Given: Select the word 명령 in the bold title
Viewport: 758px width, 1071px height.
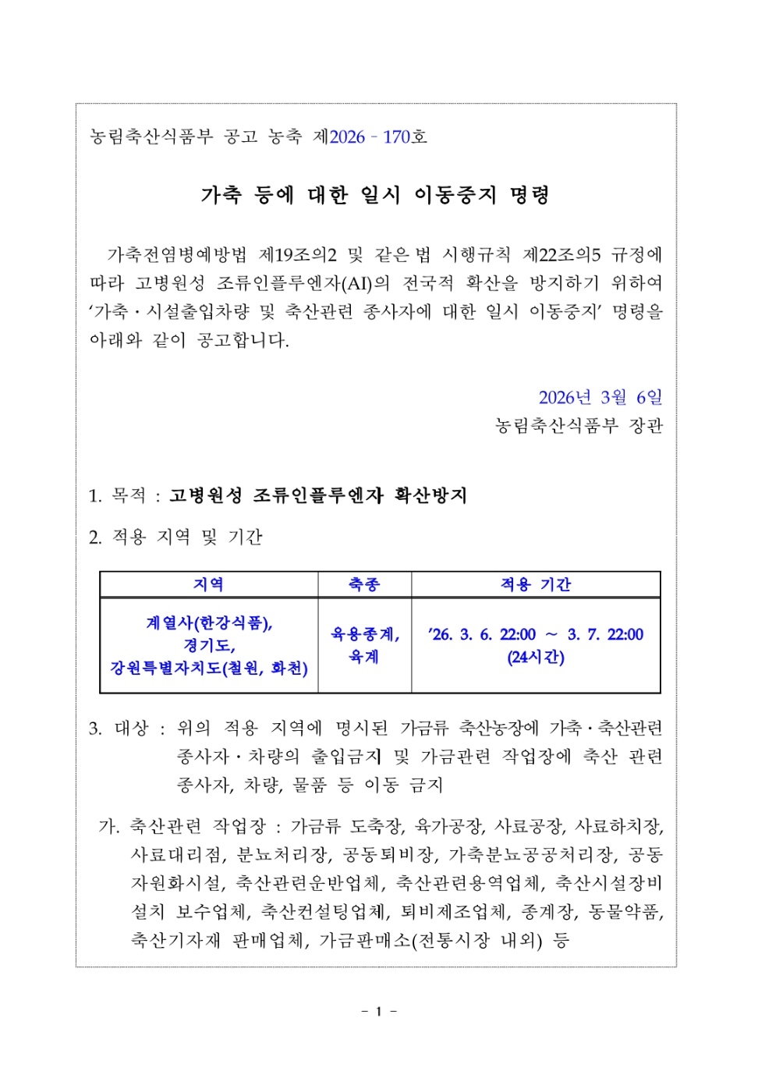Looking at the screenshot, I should (x=530, y=195).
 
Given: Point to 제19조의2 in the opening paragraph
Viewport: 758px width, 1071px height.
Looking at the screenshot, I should (x=298, y=255).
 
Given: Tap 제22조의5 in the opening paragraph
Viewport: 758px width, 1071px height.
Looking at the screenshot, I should (x=561, y=255).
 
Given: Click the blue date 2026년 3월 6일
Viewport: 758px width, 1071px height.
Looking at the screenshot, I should (x=600, y=398).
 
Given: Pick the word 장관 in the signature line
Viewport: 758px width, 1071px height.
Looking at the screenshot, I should (x=646, y=426).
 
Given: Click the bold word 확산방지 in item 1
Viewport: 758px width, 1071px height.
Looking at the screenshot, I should (x=430, y=496).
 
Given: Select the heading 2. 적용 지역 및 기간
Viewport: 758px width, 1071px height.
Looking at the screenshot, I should (x=175, y=537).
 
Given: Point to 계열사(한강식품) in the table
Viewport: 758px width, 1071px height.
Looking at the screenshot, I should (x=209, y=623).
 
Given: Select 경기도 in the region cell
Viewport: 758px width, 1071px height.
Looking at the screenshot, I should (x=207, y=646).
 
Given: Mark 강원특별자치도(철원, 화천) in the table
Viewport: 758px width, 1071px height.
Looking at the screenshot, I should (x=209, y=668).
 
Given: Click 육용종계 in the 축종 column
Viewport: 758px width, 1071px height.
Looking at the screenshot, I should (x=363, y=634).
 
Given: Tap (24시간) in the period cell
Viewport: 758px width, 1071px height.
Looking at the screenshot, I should (x=536, y=658).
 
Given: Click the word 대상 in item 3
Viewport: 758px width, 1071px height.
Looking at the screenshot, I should (x=131, y=729).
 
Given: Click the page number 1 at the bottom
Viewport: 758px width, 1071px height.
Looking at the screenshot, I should (x=379, y=1012).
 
